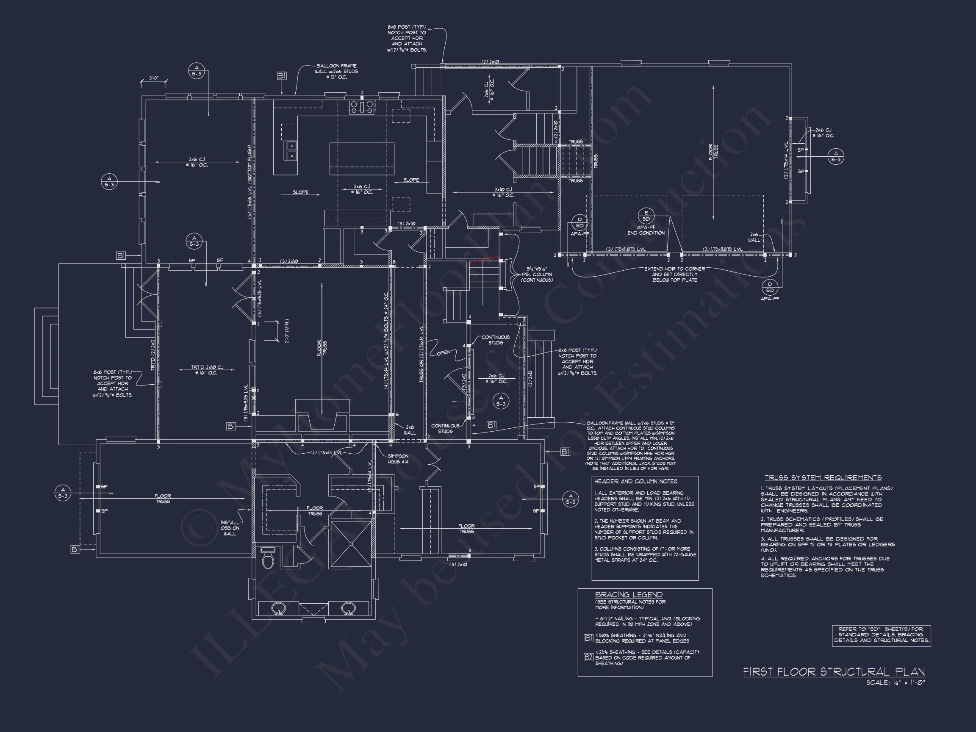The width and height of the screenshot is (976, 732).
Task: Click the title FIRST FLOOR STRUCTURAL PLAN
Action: [x=834, y=671]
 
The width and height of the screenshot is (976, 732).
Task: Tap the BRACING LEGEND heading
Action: [x=629, y=595]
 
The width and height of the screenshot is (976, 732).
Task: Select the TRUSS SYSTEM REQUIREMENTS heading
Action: [x=823, y=477]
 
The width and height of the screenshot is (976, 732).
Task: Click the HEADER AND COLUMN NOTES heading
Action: [x=635, y=481]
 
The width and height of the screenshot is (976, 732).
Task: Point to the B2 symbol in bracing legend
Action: [x=588, y=657]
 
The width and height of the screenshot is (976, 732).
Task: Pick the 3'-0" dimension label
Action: [x=153, y=78]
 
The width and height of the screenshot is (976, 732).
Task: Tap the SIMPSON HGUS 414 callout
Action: [x=398, y=459]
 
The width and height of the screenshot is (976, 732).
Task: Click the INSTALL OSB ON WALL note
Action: [x=230, y=528]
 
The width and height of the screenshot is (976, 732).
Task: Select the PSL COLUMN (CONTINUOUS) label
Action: [x=536, y=274]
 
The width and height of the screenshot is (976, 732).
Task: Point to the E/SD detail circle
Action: [x=646, y=216]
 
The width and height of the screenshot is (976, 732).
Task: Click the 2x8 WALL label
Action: [x=410, y=430]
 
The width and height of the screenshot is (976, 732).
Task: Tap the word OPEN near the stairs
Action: [x=443, y=352]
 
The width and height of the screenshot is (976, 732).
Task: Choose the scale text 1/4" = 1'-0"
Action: [x=895, y=682]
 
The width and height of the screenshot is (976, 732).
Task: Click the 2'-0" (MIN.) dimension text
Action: [x=287, y=331]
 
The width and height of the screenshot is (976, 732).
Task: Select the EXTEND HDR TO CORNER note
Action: [x=675, y=274]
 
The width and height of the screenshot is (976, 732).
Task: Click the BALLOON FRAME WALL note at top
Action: [x=336, y=72]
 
